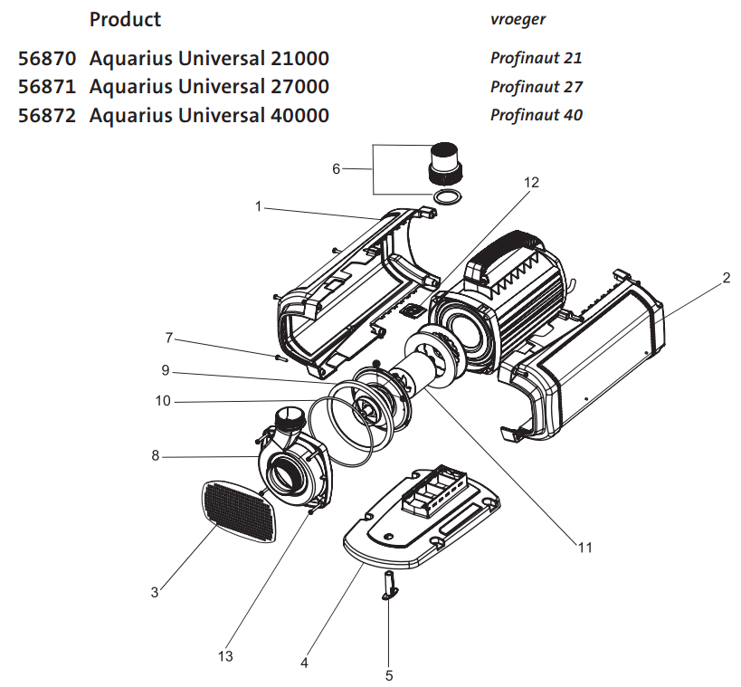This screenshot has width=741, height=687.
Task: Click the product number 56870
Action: pos(49,59)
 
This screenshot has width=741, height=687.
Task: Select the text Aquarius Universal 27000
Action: pos(209,87)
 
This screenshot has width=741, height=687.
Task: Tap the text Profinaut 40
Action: pos(536,115)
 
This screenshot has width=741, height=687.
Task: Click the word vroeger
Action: pos(518,18)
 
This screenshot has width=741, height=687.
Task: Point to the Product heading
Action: pos(125,19)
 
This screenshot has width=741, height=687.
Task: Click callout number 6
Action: pos(337,168)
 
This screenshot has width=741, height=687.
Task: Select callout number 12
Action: pos(531,182)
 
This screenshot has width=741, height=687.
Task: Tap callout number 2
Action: pos(726,279)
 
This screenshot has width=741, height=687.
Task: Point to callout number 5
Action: pos(389,674)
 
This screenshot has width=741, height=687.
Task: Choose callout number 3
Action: pos(155,592)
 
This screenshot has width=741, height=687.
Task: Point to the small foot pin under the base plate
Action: pos(389,587)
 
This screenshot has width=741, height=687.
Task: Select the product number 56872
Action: pos(49,115)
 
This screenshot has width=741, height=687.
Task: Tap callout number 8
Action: pos(155,456)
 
